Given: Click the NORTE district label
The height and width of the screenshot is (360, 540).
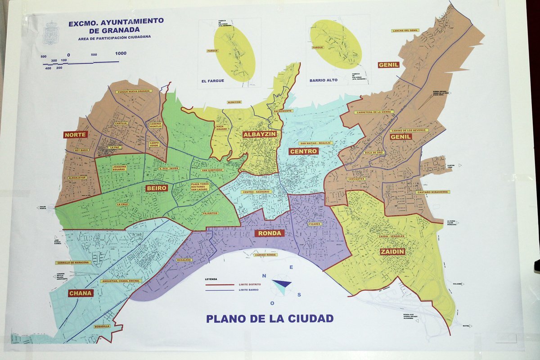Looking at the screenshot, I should point(76,135).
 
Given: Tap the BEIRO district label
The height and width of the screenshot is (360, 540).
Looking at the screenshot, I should point(157,188).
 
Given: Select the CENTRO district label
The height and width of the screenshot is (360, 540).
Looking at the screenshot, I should point(304,151).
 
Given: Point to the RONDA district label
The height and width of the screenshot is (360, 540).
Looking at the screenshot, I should point(270,233).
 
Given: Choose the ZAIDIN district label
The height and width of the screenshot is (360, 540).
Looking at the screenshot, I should point(392,252).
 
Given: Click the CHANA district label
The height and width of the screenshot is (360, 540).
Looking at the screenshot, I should point(81,293).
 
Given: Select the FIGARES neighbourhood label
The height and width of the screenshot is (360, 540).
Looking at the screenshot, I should point(315,224).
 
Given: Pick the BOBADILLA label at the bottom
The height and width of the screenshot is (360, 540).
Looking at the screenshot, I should point(102,326).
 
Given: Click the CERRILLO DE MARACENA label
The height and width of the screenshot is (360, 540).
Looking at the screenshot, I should point(73,263).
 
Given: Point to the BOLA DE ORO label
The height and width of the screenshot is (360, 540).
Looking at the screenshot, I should point(373,153).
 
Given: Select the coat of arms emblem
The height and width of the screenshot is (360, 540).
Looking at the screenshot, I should point(51,33).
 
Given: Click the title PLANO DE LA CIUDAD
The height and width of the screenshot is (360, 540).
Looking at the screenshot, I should point(270,319).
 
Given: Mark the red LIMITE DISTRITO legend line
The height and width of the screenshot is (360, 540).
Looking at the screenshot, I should point(220,284).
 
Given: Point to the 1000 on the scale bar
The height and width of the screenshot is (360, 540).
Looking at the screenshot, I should point(121,54).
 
